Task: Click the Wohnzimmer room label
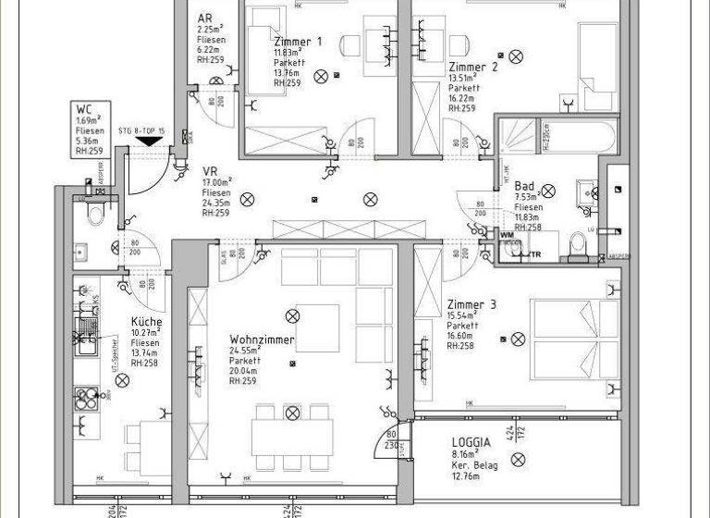(x=262, y=340)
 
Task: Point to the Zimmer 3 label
(x=471, y=305)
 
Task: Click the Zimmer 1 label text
(x=299, y=42)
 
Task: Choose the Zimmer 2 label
(x=473, y=67)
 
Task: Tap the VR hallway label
(x=210, y=171)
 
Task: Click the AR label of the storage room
(x=205, y=18)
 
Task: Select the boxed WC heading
(x=84, y=108)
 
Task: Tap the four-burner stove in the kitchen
(x=87, y=398)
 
